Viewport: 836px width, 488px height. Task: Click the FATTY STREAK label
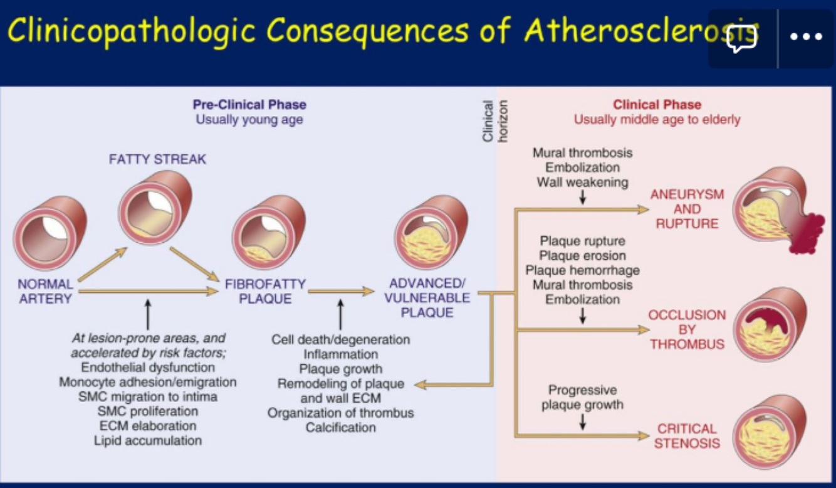(157, 159)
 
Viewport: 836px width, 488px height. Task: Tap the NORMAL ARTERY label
(45, 292)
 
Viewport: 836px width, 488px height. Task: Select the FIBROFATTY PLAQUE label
(265, 292)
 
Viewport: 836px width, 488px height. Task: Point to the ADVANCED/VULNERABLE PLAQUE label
(427, 297)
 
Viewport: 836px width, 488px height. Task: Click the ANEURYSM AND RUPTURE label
(687, 209)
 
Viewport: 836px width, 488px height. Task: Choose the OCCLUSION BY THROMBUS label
(687, 329)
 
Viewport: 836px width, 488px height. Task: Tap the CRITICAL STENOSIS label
(687, 436)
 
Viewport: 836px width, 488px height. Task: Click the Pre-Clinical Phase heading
(249, 105)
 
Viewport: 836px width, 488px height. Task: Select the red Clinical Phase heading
(657, 105)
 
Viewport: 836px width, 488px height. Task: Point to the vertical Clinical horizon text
(495, 120)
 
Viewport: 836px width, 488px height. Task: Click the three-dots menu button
(806, 38)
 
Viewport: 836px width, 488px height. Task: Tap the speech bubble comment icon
(742, 38)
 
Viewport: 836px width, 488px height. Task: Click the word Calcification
(341, 428)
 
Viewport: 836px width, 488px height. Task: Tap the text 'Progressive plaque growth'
(582, 397)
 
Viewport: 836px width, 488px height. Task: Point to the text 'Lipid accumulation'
(148, 440)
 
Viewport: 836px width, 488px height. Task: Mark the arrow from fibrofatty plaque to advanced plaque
(340, 292)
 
